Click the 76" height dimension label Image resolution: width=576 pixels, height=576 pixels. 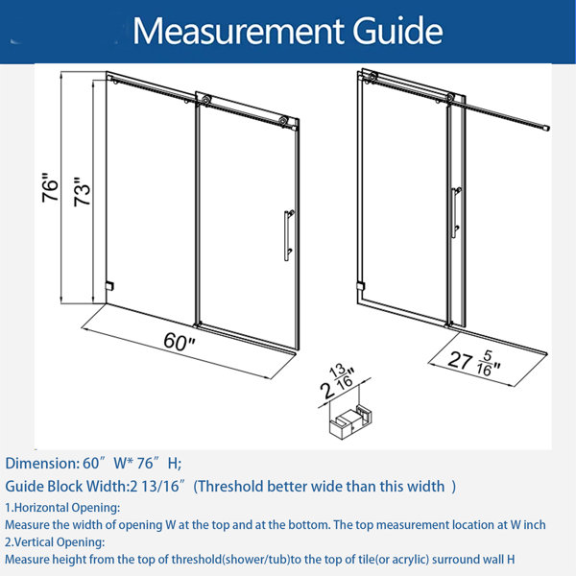click(x=50, y=187)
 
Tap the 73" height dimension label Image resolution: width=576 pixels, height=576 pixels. click(x=82, y=192)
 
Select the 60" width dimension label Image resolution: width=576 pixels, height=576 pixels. click(x=180, y=342)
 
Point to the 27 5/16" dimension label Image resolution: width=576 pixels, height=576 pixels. click(x=474, y=363)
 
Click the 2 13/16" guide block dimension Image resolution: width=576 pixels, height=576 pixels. click(x=337, y=381)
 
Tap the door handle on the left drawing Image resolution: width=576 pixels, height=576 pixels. click(x=289, y=235)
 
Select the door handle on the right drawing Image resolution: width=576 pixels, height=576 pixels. click(x=456, y=212)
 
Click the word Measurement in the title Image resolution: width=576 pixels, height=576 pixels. click(x=238, y=31)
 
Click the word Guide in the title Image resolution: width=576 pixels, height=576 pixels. click(x=397, y=31)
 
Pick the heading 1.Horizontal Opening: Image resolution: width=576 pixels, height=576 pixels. click(x=62, y=508)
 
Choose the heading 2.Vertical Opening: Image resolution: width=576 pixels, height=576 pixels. click(x=55, y=542)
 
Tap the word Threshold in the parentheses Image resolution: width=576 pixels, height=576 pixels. click(x=231, y=487)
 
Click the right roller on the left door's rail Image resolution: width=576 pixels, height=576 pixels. click(x=283, y=121)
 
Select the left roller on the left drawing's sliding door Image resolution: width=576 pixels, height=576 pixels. click(x=206, y=100)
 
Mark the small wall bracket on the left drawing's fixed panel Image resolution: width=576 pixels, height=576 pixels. click(x=109, y=286)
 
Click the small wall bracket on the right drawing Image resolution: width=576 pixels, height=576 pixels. click(x=361, y=286)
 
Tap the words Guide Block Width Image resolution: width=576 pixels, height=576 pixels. click(x=65, y=487)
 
